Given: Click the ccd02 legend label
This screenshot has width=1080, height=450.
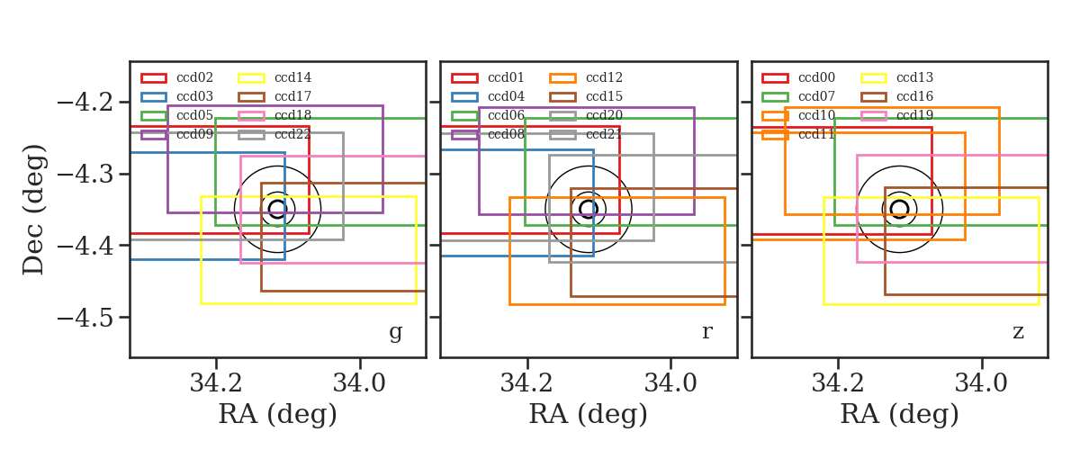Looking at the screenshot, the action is tap(194, 77).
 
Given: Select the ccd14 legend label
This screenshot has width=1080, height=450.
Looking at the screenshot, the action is tap(292, 77).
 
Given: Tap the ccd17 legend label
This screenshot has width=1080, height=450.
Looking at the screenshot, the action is tap(292, 96).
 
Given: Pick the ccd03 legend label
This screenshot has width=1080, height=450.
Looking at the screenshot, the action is tap(194, 96).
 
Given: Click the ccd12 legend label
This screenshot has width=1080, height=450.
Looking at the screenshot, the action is tap(604, 77).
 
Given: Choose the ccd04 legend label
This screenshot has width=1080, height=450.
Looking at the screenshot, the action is tap(506, 96).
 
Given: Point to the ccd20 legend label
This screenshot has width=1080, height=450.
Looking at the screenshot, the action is tap(604, 115).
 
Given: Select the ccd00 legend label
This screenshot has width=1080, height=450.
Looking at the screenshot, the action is tap(817, 77).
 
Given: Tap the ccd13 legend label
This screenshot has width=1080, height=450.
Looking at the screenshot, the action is tap(914, 77).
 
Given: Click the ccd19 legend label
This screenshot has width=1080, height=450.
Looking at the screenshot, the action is tap(914, 115).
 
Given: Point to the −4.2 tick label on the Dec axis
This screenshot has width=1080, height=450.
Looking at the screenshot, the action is tap(85, 103).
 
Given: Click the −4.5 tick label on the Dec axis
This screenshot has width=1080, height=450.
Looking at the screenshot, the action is tap(85, 318).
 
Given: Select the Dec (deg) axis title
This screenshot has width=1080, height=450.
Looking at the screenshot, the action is tap(34, 210).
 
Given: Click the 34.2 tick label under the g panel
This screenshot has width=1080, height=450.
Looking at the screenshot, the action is tap(216, 383).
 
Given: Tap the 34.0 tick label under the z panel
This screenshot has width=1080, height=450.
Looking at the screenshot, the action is tap(981, 383).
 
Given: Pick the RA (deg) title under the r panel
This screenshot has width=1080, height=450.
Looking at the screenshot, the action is tap(589, 414).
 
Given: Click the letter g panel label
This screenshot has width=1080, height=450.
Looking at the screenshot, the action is tap(395, 333).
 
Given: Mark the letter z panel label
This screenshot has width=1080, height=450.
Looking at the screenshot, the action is tap(1018, 332).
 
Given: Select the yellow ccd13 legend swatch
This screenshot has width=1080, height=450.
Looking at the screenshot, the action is tap(873, 78).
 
